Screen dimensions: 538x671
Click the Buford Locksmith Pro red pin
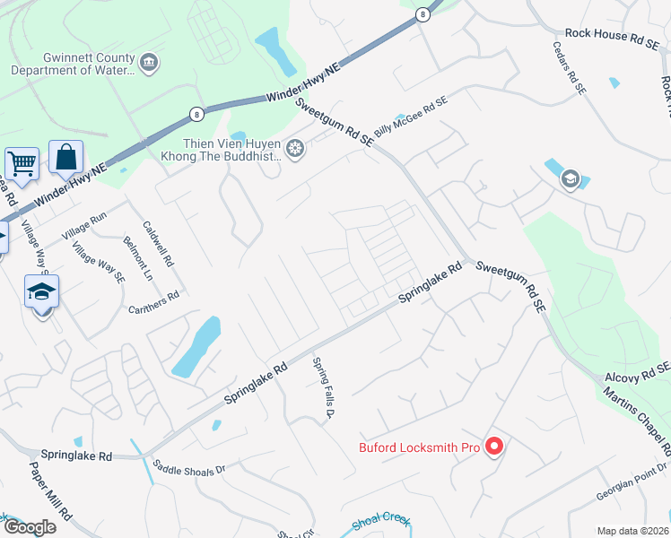tap(493, 445)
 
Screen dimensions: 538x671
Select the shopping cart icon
tap(21, 163)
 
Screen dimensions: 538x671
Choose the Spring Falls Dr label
tap(323, 388)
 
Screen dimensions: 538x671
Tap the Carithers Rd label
tap(153, 302)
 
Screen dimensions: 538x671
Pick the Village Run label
tap(84, 224)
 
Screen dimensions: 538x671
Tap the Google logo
tap(29, 527)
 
